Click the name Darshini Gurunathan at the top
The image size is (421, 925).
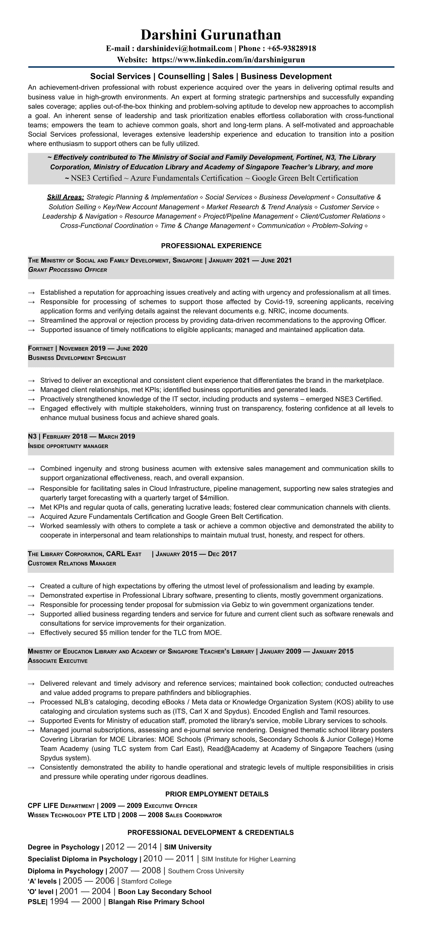(210, 35)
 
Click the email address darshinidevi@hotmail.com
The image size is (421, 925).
(184, 48)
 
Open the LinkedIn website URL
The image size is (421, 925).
(228, 60)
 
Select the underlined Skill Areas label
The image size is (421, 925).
(65, 197)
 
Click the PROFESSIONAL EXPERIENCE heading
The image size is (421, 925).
(211, 246)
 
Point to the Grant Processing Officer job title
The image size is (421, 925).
(68, 270)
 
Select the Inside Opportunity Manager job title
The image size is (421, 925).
(68, 446)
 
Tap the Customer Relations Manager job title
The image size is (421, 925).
(72, 563)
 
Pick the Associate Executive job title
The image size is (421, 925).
(57, 661)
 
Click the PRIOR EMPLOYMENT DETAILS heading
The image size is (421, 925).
(217, 794)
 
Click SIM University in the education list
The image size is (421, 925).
(188, 847)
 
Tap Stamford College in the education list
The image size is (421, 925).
(146, 881)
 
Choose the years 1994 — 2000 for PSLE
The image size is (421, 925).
(75, 901)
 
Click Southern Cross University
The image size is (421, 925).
(206, 871)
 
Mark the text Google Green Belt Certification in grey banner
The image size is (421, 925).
(305, 178)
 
